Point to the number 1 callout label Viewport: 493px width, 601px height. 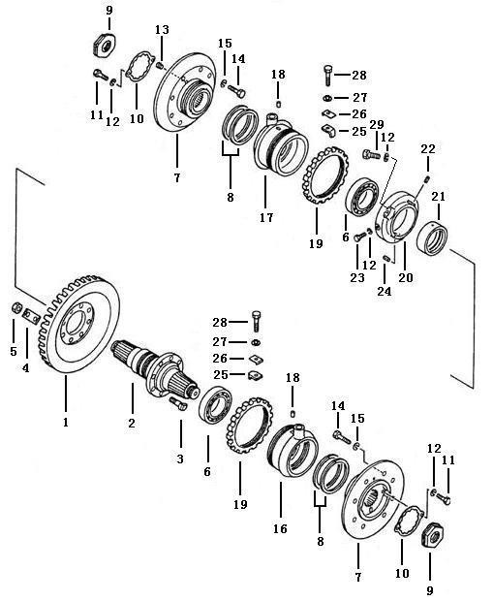[x=66, y=422]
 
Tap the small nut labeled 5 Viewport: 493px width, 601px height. [x=16, y=308]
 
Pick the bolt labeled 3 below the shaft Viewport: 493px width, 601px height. [x=177, y=403]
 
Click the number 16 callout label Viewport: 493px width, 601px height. [x=280, y=528]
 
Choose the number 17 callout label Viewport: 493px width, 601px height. [x=266, y=217]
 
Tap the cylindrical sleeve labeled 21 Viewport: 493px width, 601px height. [x=432, y=238]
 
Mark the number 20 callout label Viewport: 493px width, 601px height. [x=406, y=277]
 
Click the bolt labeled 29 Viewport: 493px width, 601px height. [x=371, y=155]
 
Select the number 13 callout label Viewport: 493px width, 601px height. [x=162, y=29]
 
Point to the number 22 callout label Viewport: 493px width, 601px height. [x=428, y=148]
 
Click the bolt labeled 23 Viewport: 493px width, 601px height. [x=359, y=237]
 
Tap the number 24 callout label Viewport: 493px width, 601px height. [x=385, y=292]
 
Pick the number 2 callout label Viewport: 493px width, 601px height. [x=132, y=424]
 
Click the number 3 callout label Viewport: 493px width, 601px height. [x=180, y=459]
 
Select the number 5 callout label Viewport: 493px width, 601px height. [x=14, y=351]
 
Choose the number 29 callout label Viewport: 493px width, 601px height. [x=377, y=124]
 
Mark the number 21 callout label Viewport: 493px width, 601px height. [x=439, y=197]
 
